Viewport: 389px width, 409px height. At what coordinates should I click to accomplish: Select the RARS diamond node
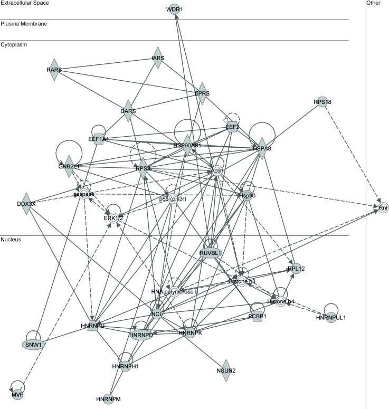click(53, 70)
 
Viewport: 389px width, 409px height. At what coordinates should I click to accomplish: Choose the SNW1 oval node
click(33, 345)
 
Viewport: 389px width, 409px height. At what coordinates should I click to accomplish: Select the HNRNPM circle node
click(109, 398)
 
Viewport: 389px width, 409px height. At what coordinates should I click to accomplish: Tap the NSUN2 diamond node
click(226, 370)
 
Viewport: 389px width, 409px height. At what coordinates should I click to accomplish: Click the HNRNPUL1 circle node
click(331, 317)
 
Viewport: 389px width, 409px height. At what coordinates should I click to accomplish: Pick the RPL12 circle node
click(296, 269)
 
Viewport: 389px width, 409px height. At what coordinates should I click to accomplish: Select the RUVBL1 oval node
click(210, 253)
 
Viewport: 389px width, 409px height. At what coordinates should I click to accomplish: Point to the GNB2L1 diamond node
click(69, 166)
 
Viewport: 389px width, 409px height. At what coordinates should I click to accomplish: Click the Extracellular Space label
click(25, 3)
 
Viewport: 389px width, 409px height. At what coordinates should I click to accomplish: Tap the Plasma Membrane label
click(23, 24)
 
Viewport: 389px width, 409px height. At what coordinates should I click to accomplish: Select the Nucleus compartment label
click(12, 240)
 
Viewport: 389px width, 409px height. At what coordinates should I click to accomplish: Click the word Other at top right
click(374, 3)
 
